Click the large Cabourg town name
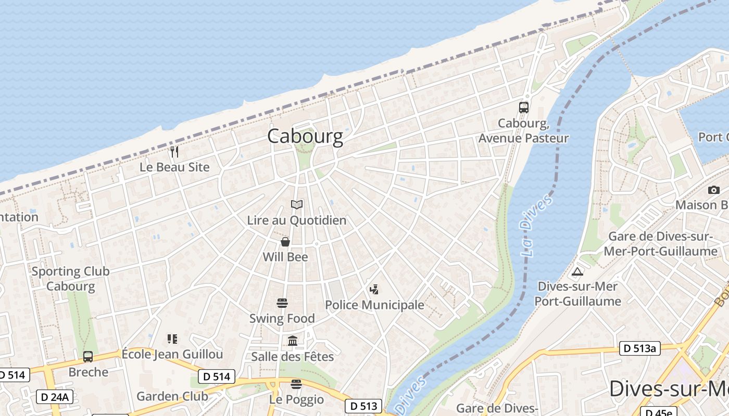pyautogui.click(x=305, y=136)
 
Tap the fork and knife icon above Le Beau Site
pyautogui.click(x=174, y=152)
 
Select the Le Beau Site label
pyautogui.click(x=174, y=167)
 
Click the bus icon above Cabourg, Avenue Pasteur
pyautogui.click(x=524, y=108)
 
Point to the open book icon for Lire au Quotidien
pyautogui.click(x=297, y=205)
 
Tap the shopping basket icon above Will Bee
pyautogui.click(x=285, y=242)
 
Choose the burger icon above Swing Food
pyautogui.click(x=282, y=303)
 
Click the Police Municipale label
pyautogui.click(x=374, y=305)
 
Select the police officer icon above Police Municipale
pyautogui.click(x=373, y=290)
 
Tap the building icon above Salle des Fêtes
pyautogui.click(x=293, y=341)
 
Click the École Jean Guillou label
pyautogui.click(x=172, y=355)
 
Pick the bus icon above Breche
pyautogui.click(x=88, y=357)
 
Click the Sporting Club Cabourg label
pyautogui.click(x=71, y=279)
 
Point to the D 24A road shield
pyautogui.click(x=55, y=397)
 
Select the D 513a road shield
pyautogui.click(x=639, y=348)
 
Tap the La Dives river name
pyautogui.click(x=536, y=225)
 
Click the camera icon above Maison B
pyautogui.click(x=714, y=190)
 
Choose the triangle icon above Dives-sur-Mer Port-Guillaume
pyautogui.click(x=577, y=271)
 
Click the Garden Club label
pyautogui.click(x=172, y=396)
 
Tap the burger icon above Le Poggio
pyautogui.click(x=296, y=384)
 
